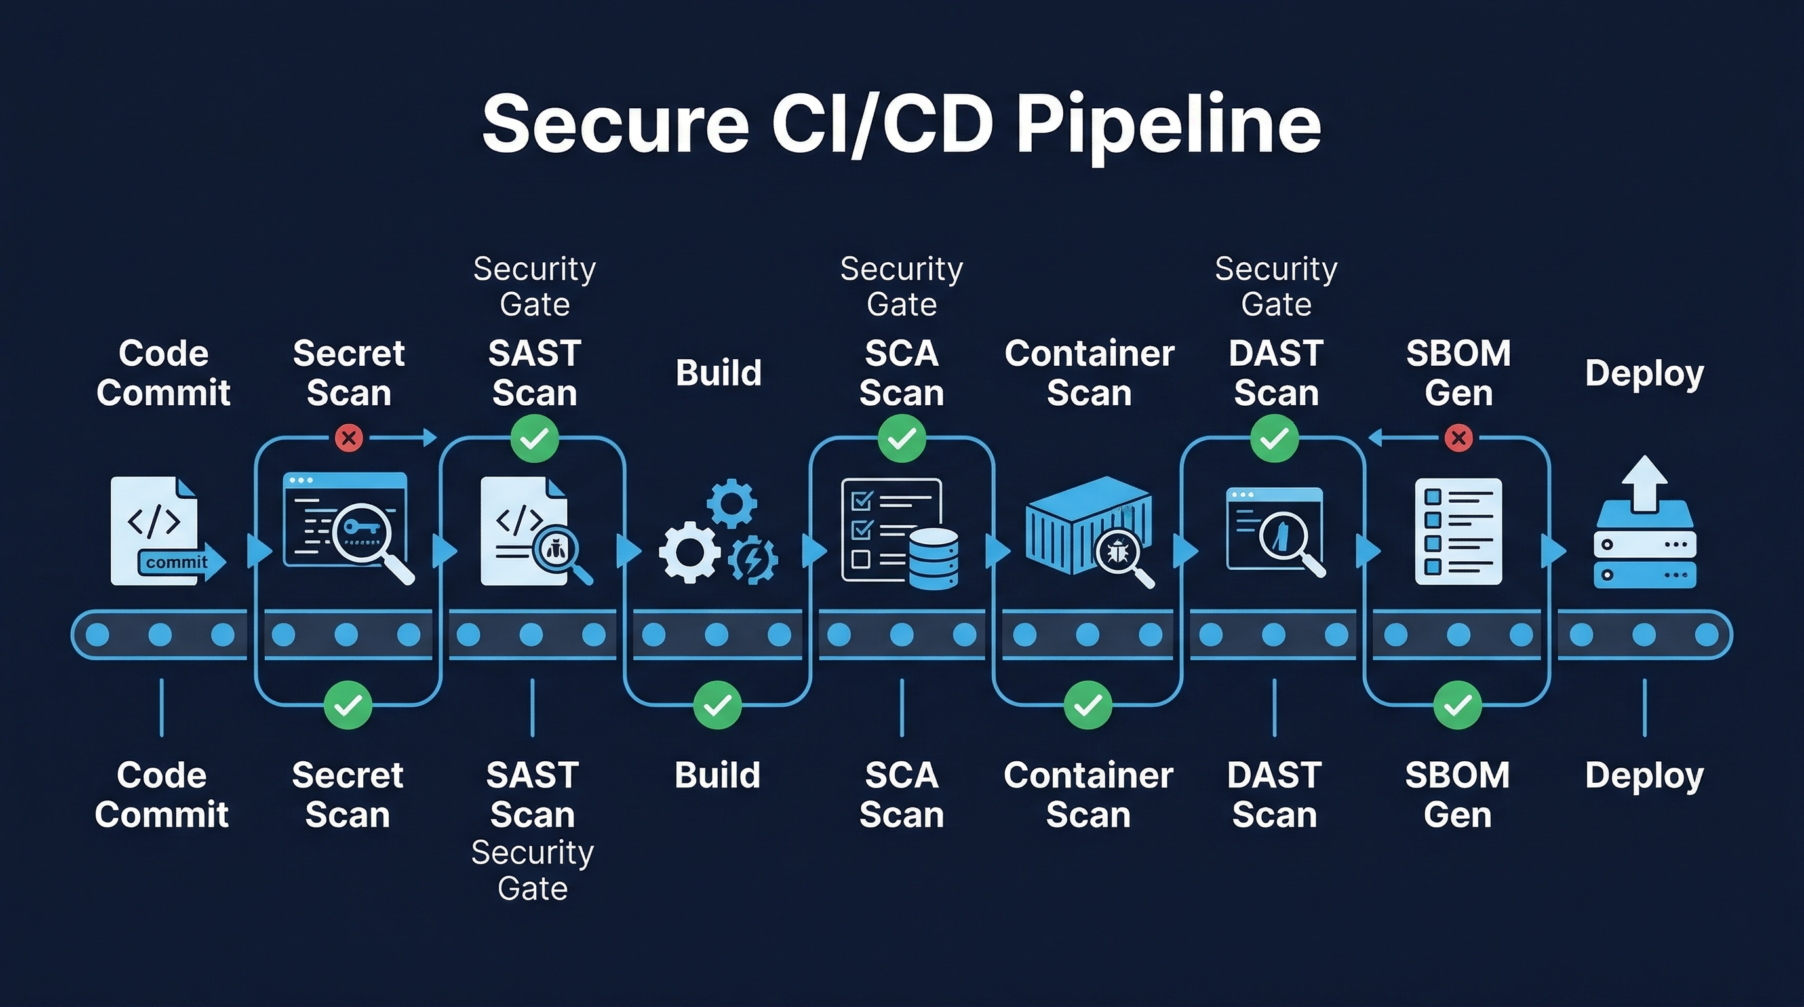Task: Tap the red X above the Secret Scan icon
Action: (348, 439)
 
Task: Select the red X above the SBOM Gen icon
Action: (1459, 439)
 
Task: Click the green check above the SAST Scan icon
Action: (534, 439)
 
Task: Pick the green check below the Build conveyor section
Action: (717, 705)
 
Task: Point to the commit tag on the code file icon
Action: (176, 563)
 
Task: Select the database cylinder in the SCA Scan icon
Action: (933, 558)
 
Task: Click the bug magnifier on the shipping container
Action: (1119, 553)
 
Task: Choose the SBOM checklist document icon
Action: (1458, 531)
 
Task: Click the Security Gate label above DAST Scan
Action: (1276, 286)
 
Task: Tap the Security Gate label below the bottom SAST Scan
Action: (532, 871)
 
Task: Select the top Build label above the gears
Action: (718, 372)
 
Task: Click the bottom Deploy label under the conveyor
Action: (1643, 775)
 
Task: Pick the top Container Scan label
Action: (1089, 372)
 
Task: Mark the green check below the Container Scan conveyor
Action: (1088, 705)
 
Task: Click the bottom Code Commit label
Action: (162, 795)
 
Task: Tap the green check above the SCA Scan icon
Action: (901, 439)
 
